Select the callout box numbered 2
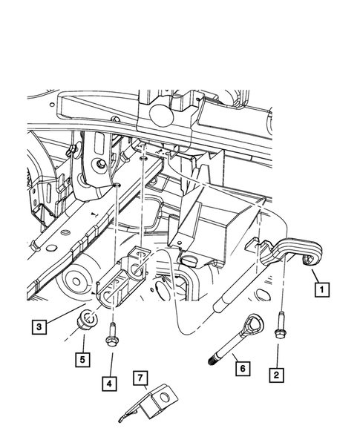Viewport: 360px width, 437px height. tap(277, 375)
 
